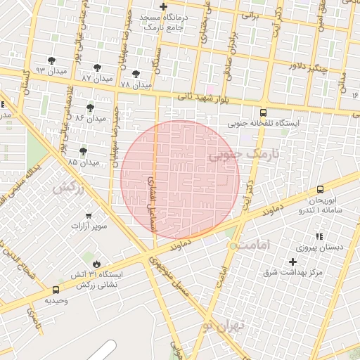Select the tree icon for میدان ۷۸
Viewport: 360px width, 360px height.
pos(136,73)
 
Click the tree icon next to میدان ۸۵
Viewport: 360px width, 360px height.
pos(83,150)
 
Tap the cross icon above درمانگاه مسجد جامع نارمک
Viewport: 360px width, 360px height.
pos(163,7)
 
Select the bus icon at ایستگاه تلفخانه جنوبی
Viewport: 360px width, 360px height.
pos(264,112)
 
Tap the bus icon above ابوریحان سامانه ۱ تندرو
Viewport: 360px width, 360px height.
pos(320,189)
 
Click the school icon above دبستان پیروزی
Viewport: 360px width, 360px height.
pos(319,237)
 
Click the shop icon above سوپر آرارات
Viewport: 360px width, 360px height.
pos(89,215)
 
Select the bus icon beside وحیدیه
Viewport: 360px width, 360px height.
pos(56,290)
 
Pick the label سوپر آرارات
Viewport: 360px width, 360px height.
pos(89,226)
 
